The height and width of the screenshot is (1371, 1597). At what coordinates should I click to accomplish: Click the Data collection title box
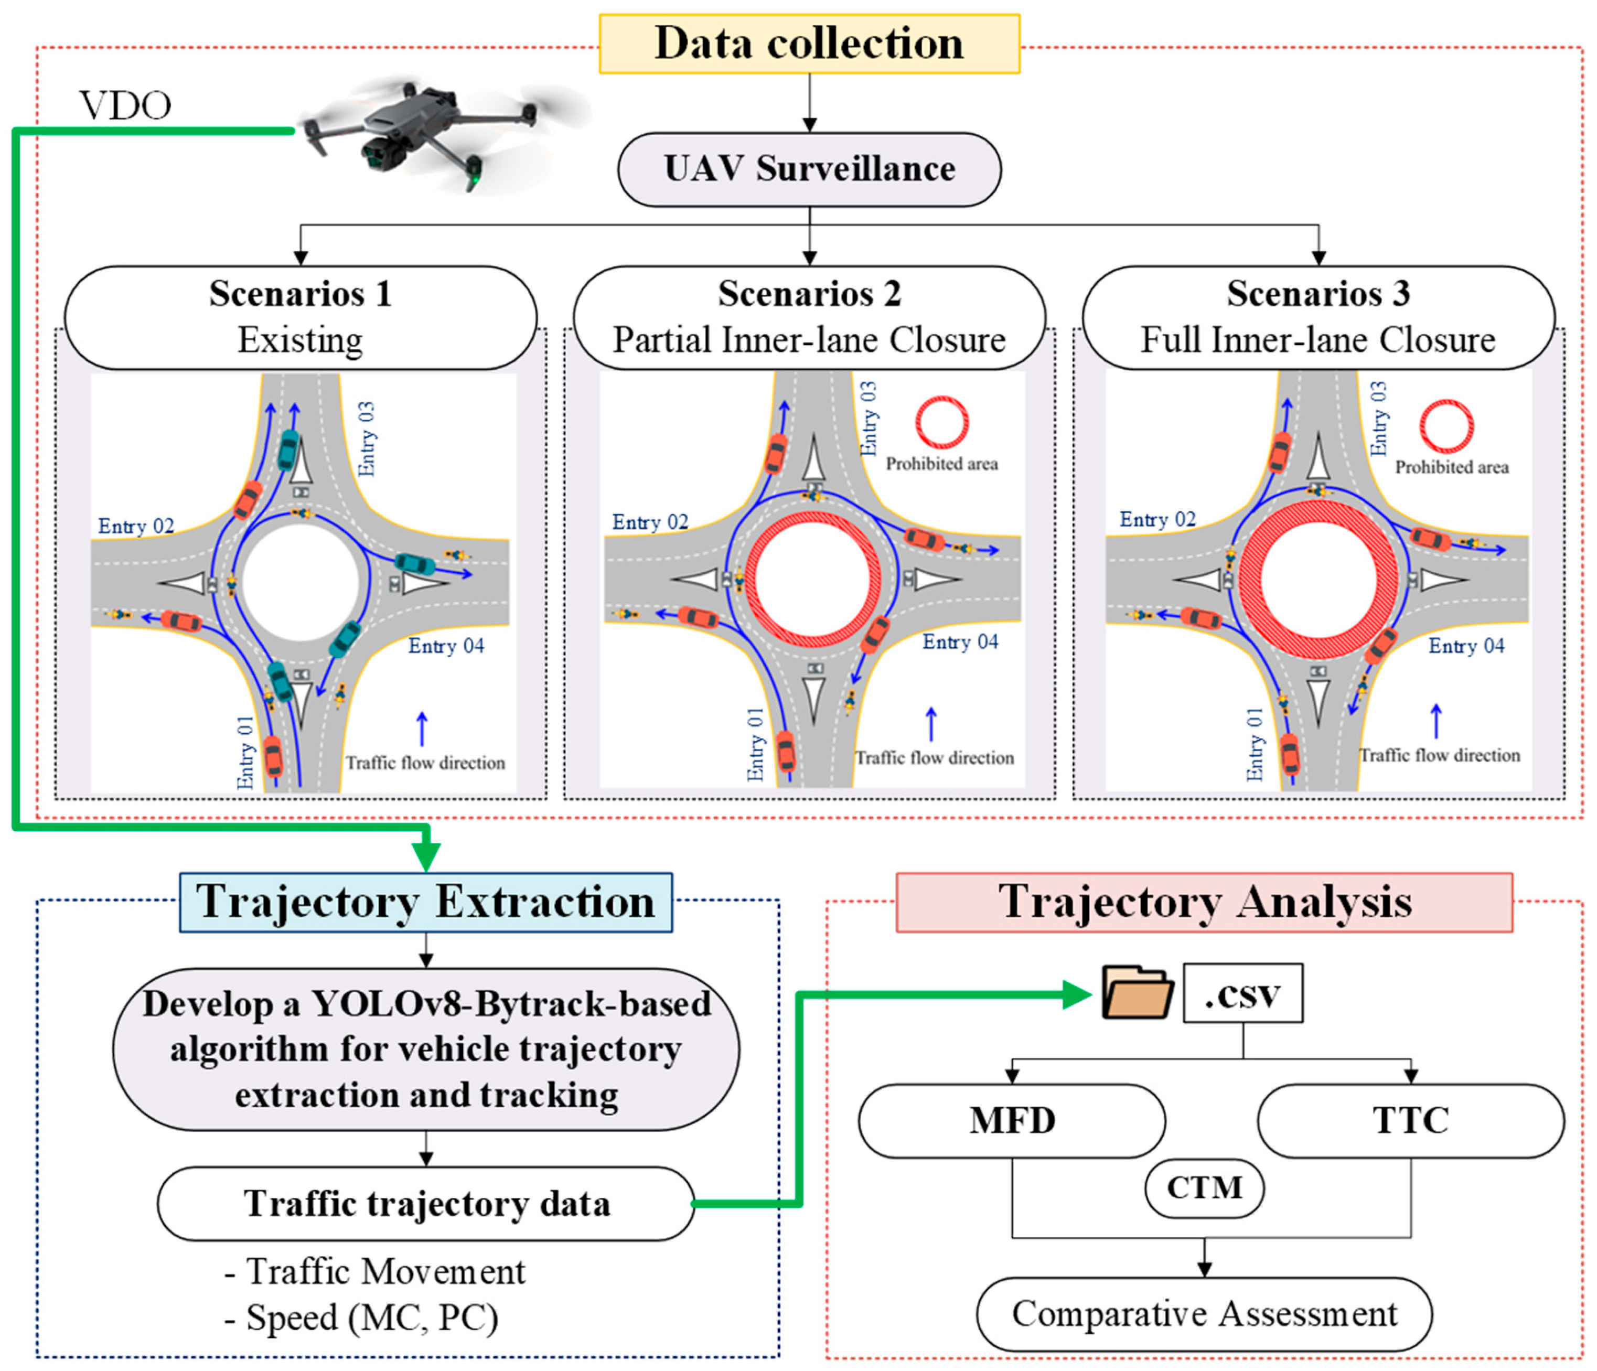(809, 44)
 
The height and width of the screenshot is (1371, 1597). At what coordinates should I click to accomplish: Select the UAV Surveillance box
(809, 169)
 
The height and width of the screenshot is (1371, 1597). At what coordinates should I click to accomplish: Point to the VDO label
(126, 105)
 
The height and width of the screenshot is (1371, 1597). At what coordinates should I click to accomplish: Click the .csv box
(1243, 993)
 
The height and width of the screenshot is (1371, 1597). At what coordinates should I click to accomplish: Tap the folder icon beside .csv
(1138, 993)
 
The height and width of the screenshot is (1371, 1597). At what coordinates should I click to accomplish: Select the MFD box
(1012, 1120)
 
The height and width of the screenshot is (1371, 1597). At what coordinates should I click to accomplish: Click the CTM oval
(1205, 1187)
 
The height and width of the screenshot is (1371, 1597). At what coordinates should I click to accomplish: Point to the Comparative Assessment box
(1205, 1314)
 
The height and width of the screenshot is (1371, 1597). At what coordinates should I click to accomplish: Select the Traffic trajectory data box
(426, 1203)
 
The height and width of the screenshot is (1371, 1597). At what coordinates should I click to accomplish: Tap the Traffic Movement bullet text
(374, 1271)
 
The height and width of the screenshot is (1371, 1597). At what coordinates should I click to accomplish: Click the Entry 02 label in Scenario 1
(136, 527)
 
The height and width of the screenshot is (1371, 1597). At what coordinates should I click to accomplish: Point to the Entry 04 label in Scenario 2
(960, 642)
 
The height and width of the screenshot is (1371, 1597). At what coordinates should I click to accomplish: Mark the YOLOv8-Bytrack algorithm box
(426, 1049)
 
